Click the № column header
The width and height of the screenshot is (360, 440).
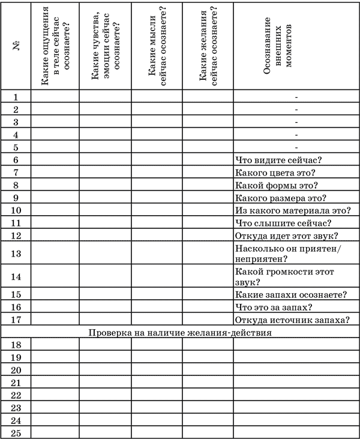click(16, 46)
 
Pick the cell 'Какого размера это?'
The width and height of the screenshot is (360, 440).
click(280, 197)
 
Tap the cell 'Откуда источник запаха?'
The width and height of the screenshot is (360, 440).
click(294, 320)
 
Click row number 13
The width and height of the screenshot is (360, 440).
click(16, 254)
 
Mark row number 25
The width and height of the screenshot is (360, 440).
click(16, 433)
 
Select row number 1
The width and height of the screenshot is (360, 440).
click(16, 97)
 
